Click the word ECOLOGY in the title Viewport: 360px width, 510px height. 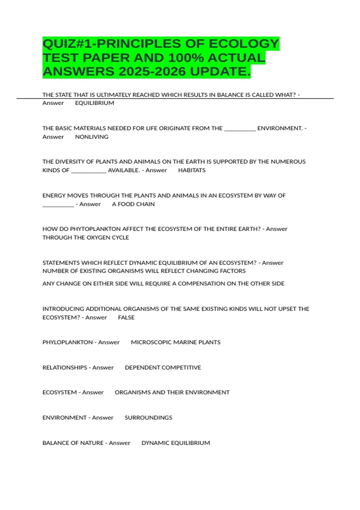(x=244, y=44)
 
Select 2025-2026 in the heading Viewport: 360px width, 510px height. (x=153, y=71)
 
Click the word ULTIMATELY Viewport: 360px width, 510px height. (x=113, y=95)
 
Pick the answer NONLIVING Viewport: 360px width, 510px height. (x=91, y=137)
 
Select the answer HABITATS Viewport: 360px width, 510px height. (x=192, y=170)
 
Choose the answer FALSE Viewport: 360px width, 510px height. (x=126, y=317)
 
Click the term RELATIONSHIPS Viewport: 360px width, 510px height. (x=65, y=367)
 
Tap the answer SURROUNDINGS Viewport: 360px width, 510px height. (x=148, y=418)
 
